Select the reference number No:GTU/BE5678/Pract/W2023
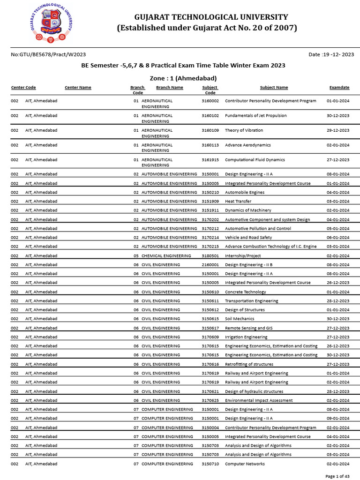[x=48, y=55]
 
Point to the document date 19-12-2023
[x=331, y=55]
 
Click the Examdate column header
[x=339, y=88]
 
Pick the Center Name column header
[x=78, y=88]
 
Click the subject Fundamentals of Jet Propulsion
[x=255, y=115]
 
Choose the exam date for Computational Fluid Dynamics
[x=337, y=160]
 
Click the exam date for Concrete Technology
[x=337, y=292]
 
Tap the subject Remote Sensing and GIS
[x=248, y=328]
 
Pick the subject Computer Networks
[x=245, y=464]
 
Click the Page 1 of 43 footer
[x=337, y=476]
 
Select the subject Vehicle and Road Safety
[x=248, y=238]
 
